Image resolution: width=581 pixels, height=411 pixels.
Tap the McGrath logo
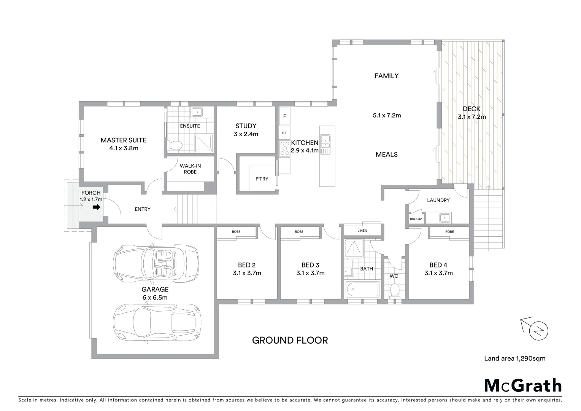pos(522,386)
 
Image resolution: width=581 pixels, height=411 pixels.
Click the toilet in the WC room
pos(395,290)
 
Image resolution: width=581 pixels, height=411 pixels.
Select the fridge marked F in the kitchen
pos(284,116)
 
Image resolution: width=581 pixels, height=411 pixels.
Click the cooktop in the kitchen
pos(284,148)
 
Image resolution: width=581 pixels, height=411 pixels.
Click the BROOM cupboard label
pos(416,219)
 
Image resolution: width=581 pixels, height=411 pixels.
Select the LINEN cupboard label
pos(362,231)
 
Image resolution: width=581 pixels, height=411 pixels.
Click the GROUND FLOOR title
pos(290,340)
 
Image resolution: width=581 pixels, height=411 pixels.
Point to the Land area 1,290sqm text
pos(514,358)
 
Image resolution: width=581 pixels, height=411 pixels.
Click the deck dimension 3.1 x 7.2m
pos(471,117)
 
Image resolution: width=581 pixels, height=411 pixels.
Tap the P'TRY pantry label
pos(262,179)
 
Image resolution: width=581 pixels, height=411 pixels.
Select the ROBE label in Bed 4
pos(449,231)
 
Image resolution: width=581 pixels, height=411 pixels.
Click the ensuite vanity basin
pos(197,112)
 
